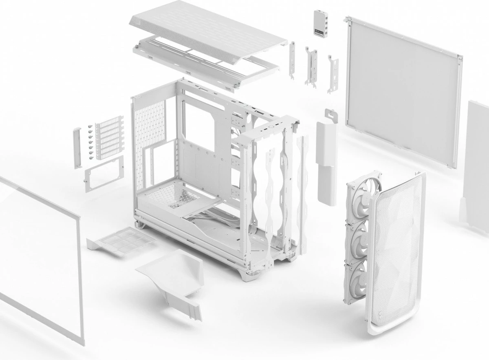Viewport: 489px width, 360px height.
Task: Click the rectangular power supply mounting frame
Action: [104, 173]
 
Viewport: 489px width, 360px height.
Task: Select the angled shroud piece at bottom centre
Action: [175, 277]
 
